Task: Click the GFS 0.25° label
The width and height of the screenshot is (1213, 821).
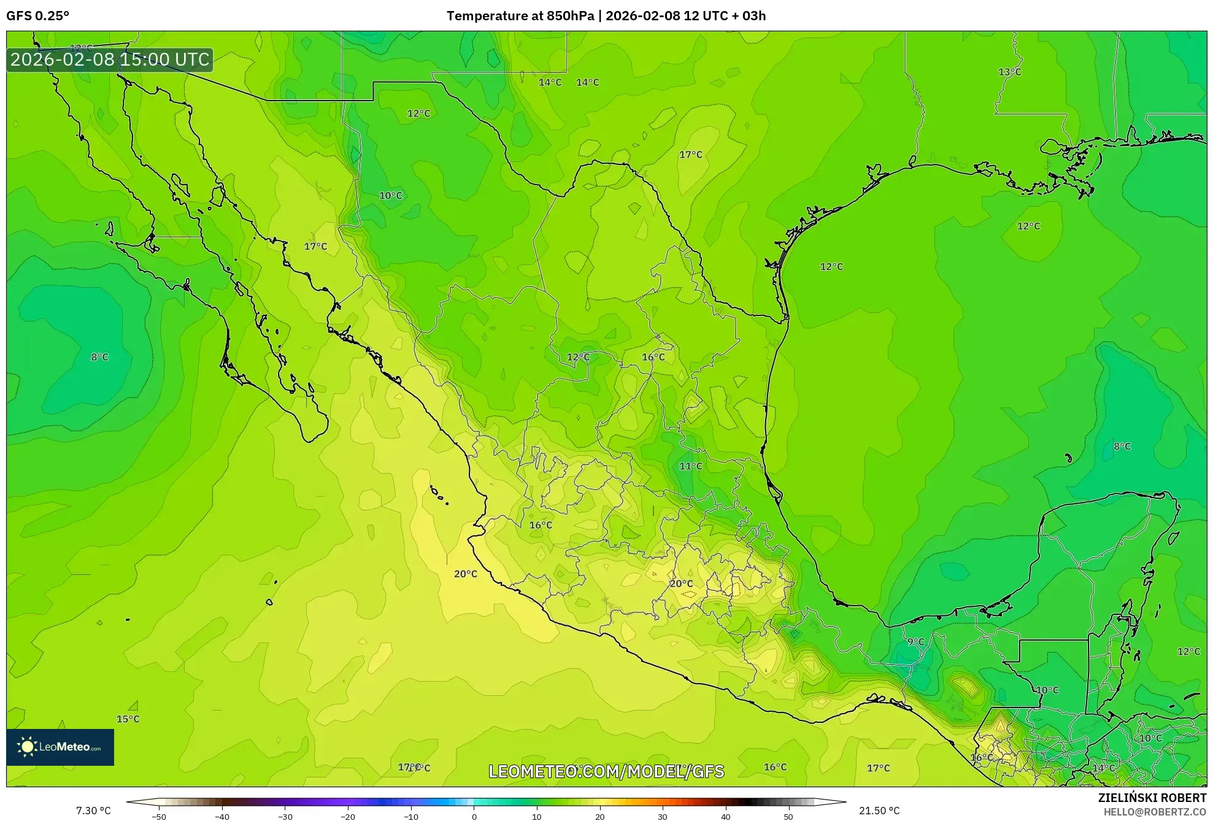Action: [x=37, y=16]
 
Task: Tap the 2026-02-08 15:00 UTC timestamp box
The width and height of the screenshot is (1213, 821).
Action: [x=110, y=60]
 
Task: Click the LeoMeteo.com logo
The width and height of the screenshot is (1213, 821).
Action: [x=60, y=747]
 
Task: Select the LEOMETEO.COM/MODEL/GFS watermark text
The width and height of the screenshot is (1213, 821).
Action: [x=606, y=771]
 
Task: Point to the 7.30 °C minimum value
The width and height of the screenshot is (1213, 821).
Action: [x=93, y=811]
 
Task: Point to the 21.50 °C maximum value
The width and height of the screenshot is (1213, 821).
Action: [x=879, y=811]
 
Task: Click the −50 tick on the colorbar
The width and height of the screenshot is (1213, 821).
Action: [x=159, y=817]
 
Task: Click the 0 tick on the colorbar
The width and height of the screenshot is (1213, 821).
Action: [x=474, y=817]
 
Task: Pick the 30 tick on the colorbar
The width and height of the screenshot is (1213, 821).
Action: [x=663, y=817]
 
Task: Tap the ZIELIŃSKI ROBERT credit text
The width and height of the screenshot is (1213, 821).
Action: [x=1152, y=798]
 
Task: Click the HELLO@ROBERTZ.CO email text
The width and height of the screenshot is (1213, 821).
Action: [x=1155, y=812]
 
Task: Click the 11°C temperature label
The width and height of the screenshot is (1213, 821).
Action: [x=690, y=466]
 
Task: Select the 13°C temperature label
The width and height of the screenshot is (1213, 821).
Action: [x=1009, y=72]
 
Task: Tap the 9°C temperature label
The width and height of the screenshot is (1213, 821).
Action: [x=915, y=642]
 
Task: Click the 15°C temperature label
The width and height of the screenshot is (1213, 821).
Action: [x=128, y=719]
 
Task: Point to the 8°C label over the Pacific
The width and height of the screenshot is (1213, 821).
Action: [x=99, y=357]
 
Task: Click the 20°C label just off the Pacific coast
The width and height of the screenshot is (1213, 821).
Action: [x=465, y=574]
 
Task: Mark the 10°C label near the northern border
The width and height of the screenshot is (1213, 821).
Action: [x=390, y=196]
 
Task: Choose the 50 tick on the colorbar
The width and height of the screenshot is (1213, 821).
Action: [x=788, y=817]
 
